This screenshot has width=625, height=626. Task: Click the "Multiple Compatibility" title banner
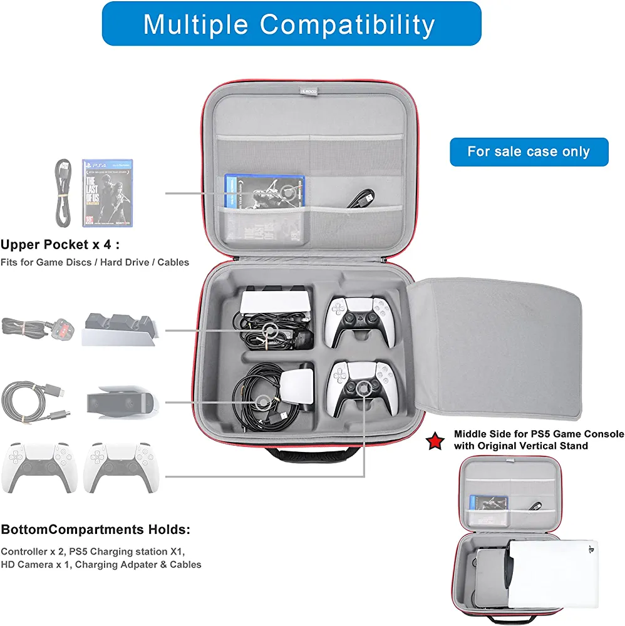(291, 24)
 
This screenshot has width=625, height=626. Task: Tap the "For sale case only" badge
(529, 152)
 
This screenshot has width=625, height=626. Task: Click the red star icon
(434, 440)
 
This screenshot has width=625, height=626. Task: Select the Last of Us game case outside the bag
(108, 193)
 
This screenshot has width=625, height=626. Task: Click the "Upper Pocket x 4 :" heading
(60, 244)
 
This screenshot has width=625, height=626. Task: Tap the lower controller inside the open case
(359, 387)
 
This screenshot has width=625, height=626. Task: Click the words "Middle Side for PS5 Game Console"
(539, 434)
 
